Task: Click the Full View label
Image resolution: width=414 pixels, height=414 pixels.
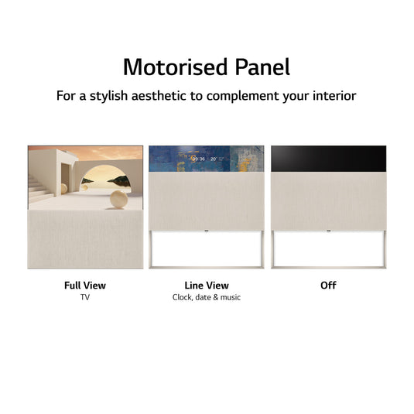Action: [x=85, y=286]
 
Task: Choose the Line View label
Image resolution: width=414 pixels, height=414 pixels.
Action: [x=207, y=286]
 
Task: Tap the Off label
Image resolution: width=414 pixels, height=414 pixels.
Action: [x=328, y=286]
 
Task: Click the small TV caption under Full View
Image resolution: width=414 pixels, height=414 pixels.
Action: [x=85, y=297]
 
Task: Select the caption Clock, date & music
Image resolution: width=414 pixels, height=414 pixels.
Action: [x=207, y=297]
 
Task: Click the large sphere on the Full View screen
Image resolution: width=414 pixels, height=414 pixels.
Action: [x=119, y=200]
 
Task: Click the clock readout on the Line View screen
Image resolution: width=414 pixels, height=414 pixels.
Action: [x=199, y=158]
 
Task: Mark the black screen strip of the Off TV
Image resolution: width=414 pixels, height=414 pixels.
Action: [x=328, y=158]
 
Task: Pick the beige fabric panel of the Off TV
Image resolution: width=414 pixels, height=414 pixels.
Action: [x=328, y=201]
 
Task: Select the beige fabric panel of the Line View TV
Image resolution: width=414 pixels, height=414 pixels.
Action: [x=207, y=201]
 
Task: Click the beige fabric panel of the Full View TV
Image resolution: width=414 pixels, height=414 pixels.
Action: [x=85, y=240]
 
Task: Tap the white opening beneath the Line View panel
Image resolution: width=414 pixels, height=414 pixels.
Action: [x=207, y=250]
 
